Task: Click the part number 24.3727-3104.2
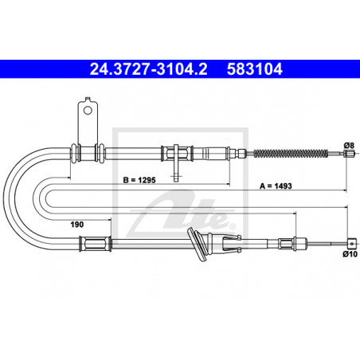click(x=148, y=69)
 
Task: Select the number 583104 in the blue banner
click(x=255, y=69)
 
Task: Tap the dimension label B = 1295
click(x=139, y=180)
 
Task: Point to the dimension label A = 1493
click(x=276, y=186)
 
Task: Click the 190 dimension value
click(x=77, y=225)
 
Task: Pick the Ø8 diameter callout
click(x=349, y=145)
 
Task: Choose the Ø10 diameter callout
click(x=350, y=254)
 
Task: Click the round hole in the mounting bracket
click(x=88, y=110)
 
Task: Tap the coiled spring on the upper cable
click(x=291, y=153)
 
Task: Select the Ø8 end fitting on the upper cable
click(x=349, y=153)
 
